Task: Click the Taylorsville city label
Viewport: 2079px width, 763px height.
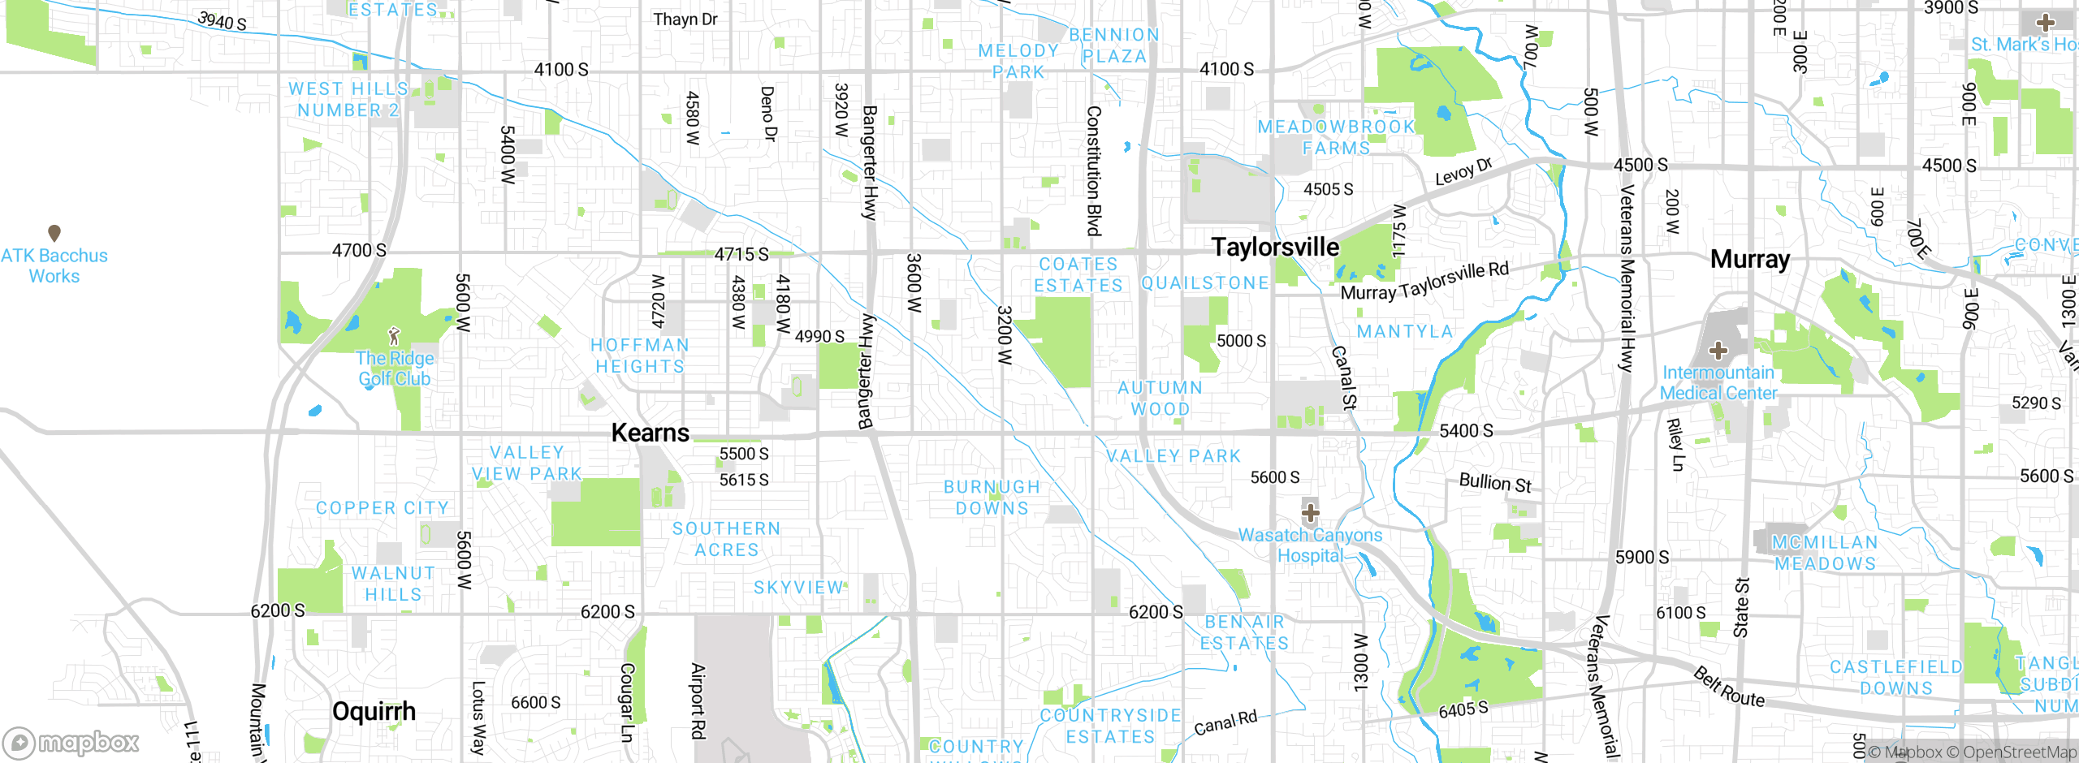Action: [1275, 248]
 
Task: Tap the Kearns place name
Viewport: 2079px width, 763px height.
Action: [650, 433]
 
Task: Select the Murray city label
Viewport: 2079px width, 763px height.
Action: [1750, 260]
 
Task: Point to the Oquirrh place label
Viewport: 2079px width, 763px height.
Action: [374, 712]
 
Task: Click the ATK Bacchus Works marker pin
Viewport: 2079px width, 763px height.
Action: [54, 234]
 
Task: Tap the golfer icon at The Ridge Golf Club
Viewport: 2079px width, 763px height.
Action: [394, 335]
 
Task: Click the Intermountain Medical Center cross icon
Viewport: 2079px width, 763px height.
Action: [1718, 351]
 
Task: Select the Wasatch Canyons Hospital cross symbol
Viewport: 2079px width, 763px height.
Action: [1310, 513]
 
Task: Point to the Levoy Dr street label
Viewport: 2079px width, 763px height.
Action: [1463, 172]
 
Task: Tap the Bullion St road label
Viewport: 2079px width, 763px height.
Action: [1494, 483]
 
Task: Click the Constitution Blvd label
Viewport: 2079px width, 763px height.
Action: [1094, 170]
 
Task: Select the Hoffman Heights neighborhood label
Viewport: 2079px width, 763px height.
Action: [640, 356]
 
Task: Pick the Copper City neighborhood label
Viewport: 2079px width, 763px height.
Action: [382, 508]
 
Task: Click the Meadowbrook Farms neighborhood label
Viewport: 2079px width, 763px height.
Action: [1336, 137]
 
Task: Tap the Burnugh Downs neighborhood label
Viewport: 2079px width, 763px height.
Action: [992, 498]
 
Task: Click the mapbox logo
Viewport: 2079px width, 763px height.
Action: [71, 742]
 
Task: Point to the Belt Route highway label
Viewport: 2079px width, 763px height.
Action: [1728, 687]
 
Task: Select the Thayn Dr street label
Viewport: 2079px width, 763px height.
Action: [685, 19]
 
